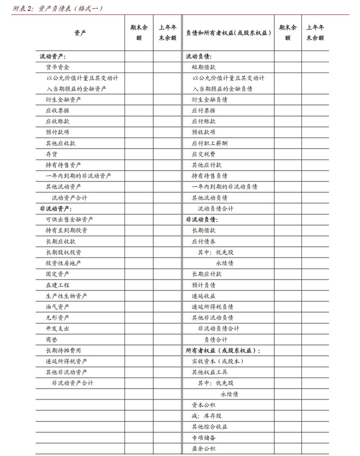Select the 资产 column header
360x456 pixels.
80,32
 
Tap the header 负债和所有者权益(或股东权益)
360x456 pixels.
228,32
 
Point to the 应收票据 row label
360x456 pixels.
58,111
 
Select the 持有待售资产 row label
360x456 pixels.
63,165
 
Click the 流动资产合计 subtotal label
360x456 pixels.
69,198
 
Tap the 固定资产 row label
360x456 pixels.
58,274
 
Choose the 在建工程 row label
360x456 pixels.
58,285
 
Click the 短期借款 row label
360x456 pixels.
204,67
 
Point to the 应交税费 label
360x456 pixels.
204,154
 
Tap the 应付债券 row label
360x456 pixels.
204,241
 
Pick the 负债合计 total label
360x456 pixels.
216,339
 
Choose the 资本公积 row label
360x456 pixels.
204,405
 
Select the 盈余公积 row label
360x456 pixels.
204,449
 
